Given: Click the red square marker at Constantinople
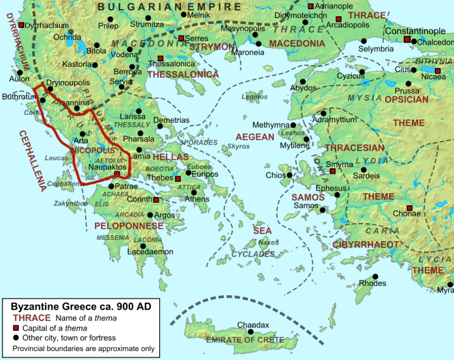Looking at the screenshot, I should tap(408, 40).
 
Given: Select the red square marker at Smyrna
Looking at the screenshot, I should tap(332, 171).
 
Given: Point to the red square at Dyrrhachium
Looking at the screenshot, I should tap(21, 25).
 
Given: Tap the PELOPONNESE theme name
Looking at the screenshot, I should tap(129, 226).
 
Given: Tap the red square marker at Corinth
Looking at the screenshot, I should tap(156, 199).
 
